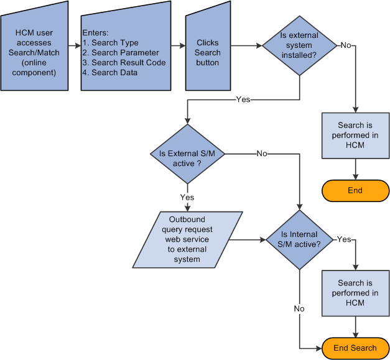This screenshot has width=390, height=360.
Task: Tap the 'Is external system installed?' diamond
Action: coord(299,45)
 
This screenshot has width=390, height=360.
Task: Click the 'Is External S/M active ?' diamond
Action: coord(187,154)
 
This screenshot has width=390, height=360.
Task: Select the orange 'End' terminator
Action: coord(355,190)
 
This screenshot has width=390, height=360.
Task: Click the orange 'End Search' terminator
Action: coord(355,348)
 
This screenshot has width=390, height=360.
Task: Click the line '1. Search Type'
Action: coord(110,43)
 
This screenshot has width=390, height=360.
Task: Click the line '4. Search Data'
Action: coord(110,73)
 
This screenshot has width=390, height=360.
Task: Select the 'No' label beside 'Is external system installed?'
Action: coord(345,45)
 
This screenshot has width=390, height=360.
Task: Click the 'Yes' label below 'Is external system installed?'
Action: coord(243,99)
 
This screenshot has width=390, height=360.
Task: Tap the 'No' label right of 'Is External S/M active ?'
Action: coord(262,154)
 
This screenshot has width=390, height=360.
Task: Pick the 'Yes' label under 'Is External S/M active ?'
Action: coord(187,197)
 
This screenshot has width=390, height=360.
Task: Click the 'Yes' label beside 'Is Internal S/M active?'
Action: coord(344,239)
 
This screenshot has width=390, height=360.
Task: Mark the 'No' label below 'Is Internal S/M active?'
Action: coord(299,308)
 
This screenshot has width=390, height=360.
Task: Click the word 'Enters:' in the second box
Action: coord(95,32)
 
